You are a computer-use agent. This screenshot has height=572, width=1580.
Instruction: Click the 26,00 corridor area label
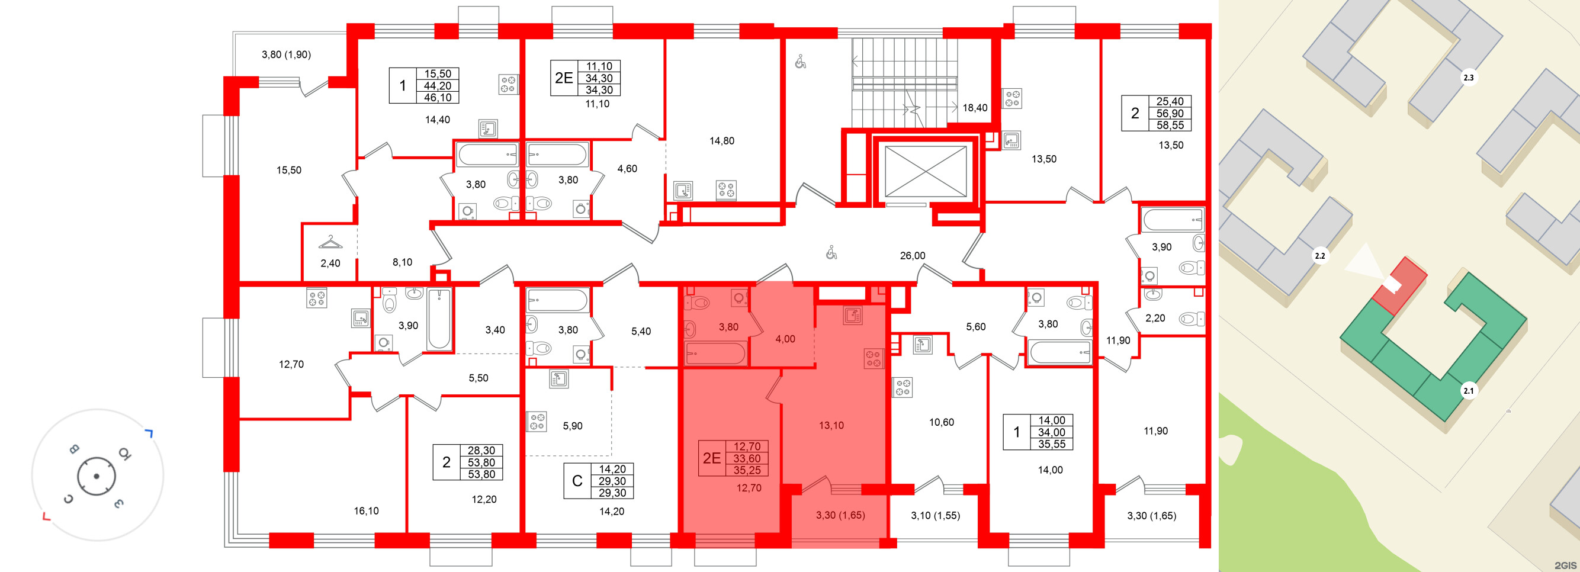[x=912, y=256]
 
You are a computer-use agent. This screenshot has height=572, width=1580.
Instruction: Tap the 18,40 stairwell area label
[x=975, y=108]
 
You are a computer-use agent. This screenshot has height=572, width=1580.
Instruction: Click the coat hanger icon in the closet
[x=330, y=243]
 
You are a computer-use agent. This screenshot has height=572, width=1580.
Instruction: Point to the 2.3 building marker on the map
[x=1469, y=78]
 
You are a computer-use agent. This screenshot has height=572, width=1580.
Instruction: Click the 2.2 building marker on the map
[x=1320, y=256]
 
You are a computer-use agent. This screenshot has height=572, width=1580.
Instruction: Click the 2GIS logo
[x=1565, y=565]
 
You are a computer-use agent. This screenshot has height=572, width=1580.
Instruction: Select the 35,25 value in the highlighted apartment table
[x=747, y=470]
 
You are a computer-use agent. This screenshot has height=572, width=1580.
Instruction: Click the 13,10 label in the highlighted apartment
[x=831, y=425]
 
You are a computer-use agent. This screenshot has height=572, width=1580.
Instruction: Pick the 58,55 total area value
[x=1170, y=125]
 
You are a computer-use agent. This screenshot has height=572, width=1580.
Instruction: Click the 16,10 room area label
[x=366, y=510]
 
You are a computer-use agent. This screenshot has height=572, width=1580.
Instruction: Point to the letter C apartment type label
[x=577, y=481]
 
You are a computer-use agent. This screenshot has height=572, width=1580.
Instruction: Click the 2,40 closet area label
[x=330, y=263]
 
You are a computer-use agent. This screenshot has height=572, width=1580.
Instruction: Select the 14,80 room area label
[x=722, y=141]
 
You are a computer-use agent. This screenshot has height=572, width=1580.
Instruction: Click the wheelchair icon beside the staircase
[x=801, y=62]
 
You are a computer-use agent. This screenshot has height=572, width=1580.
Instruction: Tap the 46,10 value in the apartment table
[x=437, y=98]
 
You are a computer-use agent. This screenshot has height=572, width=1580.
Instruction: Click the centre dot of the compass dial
[x=97, y=475]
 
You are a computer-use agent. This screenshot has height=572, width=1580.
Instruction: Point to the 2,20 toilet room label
[x=1155, y=318]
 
